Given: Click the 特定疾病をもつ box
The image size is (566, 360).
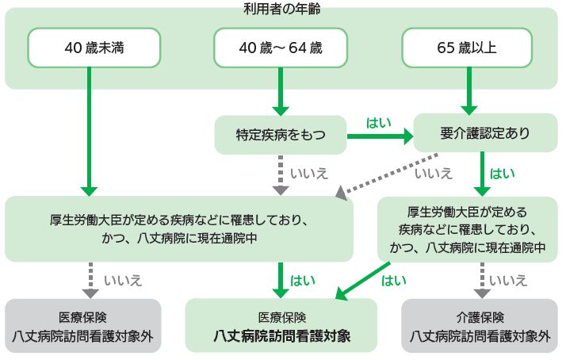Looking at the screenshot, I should tap(281, 135).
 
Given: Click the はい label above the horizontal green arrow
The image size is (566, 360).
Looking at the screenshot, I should tap(378, 123).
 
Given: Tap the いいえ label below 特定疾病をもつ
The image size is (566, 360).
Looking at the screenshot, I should tap(305, 172).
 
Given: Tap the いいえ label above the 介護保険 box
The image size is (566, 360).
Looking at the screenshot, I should tap(508, 279).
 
